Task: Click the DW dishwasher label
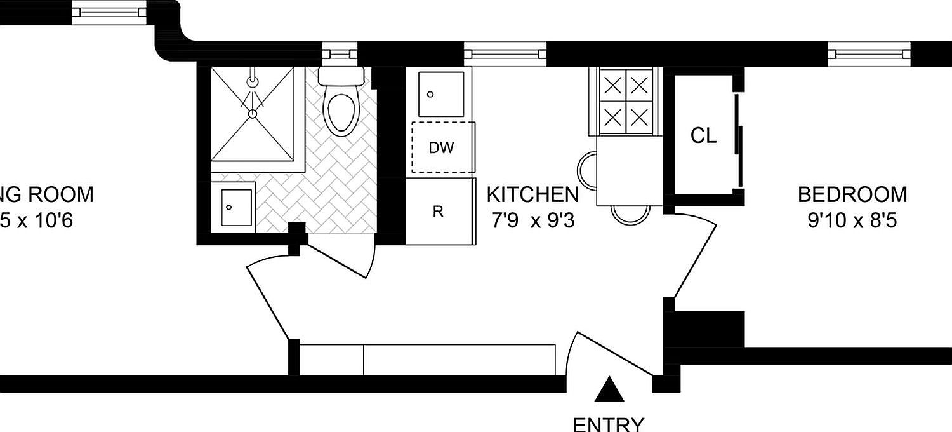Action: click(442, 148)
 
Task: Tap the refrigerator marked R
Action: click(438, 212)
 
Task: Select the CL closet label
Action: click(704, 135)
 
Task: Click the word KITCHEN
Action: click(532, 194)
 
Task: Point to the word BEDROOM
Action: click(852, 194)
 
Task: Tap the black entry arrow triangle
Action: click(609, 389)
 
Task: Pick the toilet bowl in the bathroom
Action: click(341, 112)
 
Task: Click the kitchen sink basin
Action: click(441, 94)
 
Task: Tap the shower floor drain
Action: click(252, 113)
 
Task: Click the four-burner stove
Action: click(626, 100)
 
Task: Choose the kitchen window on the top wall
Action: click(505, 54)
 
